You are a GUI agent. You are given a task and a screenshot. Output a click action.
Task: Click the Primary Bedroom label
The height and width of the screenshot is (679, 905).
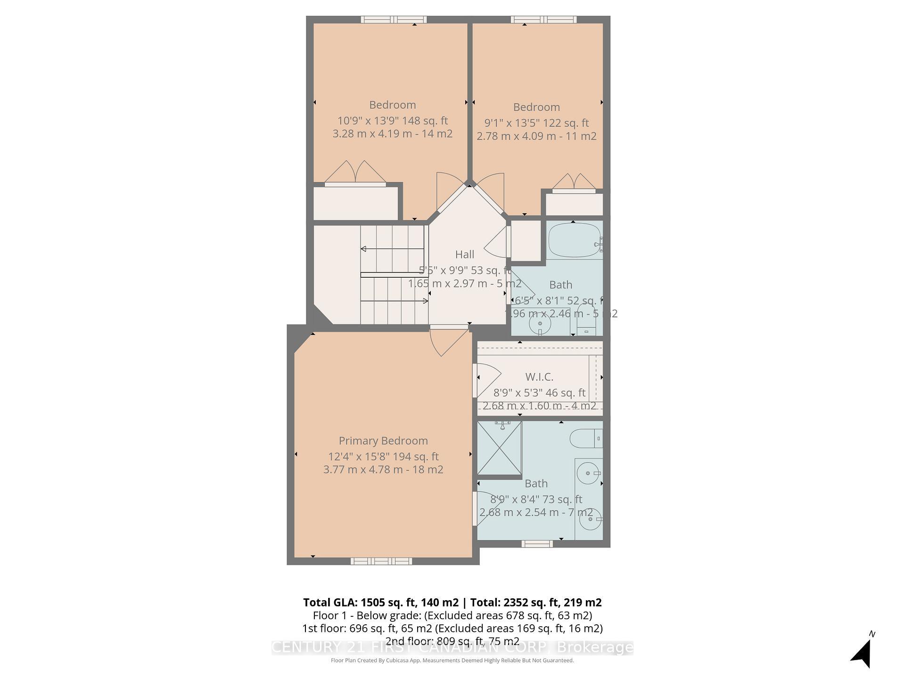pyautogui.click(x=383, y=441)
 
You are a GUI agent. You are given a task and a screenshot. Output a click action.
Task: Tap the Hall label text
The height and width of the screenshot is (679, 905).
pyautogui.click(x=464, y=255)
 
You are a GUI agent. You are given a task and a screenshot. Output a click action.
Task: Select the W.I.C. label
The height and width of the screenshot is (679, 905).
pyautogui.click(x=539, y=377)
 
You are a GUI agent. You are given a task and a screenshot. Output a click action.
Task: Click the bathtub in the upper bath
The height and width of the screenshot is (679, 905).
pyautogui.click(x=574, y=240)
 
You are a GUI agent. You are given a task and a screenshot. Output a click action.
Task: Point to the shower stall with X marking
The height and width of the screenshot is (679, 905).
pyautogui.click(x=499, y=448)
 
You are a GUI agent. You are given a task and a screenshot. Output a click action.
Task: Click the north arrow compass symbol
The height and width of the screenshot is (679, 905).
pyautogui.click(x=863, y=652)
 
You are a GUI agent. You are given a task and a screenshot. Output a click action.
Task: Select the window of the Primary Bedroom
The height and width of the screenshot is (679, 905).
pyautogui.click(x=381, y=561)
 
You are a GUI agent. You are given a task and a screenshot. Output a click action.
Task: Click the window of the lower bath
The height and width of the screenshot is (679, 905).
pyautogui.click(x=537, y=544)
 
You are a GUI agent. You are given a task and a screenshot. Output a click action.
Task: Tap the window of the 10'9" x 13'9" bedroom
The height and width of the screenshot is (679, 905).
pyautogui.click(x=394, y=20)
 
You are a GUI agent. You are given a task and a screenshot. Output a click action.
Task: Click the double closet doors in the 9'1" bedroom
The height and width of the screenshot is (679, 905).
pyautogui.click(x=574, y=184)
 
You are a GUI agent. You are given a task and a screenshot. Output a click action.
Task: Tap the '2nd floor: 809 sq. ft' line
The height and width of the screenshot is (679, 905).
pyautogui.click(x=452, y=641)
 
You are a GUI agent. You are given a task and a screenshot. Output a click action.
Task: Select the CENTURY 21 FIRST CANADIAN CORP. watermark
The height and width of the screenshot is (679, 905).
pyautogui.click(x=452, y=648)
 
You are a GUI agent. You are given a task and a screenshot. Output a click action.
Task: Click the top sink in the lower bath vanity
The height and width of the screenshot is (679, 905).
pyautogui.click(x=588, y=472)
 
